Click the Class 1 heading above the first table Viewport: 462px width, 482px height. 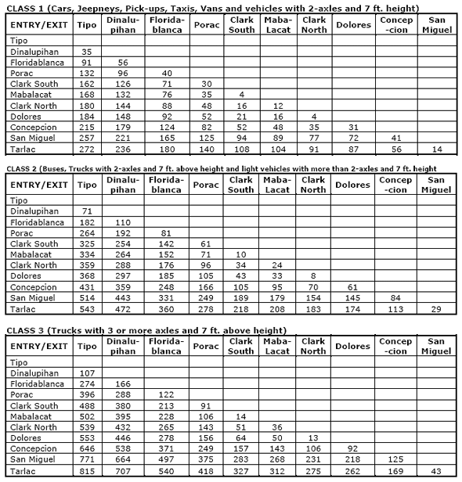pos(211,8)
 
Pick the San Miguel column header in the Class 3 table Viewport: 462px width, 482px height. pos(437,346)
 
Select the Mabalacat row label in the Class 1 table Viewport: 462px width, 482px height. pos(33,95)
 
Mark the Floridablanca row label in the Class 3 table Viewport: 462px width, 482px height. pos(36,384)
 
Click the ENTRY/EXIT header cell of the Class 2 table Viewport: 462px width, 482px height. pos(39,185)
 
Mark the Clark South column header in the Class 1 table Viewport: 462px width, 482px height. pos(241,24)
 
